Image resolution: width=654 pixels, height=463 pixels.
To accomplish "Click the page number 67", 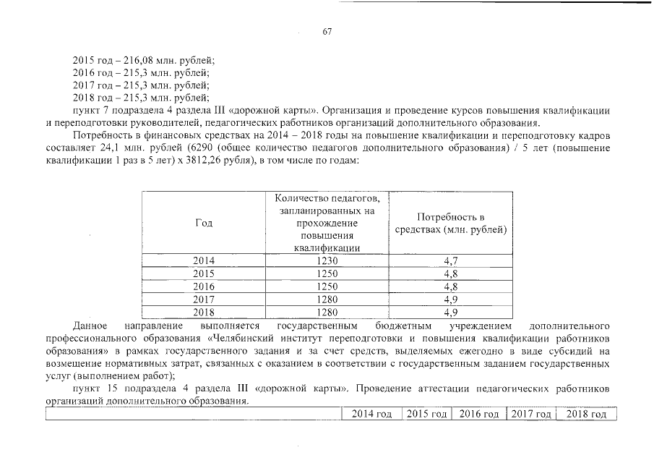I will tap(327, 32).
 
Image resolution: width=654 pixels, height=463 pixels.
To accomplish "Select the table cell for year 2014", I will tap(204, 260).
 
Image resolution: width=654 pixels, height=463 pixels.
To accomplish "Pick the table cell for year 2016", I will tap(204, 286).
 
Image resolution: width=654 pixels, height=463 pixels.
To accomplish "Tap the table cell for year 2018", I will tap(204, 313).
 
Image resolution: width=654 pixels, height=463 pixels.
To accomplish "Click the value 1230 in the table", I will tap(328, 260).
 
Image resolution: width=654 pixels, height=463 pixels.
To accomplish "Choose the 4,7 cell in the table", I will tap(451, 260).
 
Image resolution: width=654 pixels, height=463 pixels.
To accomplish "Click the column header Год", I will tap(204, 223).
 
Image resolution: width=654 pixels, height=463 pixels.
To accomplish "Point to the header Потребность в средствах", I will tap(451, 224).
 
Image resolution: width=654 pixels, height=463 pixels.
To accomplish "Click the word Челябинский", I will tap(246, 339).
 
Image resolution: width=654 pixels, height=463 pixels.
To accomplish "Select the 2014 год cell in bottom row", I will tap(371, 414).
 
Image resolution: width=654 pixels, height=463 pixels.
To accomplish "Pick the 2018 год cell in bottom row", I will tap(587, 414).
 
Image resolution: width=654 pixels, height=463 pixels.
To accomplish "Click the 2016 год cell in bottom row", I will tap(478, 414).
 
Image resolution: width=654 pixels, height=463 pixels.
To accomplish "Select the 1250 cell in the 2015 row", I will tap(328, 273).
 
